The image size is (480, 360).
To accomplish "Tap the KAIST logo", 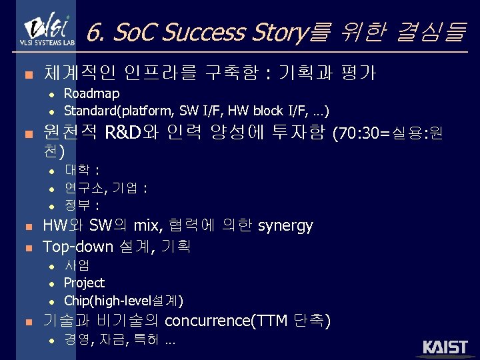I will point(445,348).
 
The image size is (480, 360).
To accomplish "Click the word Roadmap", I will point(92,93).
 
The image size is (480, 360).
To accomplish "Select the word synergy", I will point(285,226).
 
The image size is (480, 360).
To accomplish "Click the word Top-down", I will point(78,247).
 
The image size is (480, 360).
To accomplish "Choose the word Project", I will point(84,283).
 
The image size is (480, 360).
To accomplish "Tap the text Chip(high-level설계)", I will point(123,299).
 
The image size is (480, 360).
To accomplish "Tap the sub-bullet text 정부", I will point(78,204).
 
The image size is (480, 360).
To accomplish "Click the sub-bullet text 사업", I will point(78,266).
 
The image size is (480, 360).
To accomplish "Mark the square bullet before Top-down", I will point(27,248).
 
